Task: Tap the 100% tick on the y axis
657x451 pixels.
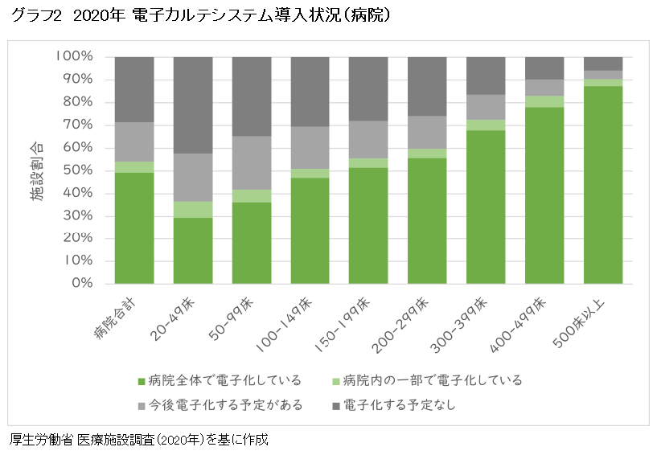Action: coord(75,57)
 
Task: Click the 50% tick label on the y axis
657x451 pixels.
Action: coord(79,170)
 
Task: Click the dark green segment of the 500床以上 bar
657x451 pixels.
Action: coord(603,185)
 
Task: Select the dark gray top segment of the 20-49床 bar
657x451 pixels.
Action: coord(193,105)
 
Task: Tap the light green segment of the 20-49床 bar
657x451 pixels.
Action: coord(193,209)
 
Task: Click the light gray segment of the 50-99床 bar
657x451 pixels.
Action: coord(252,162)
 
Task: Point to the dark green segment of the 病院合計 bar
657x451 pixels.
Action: coord(134,228)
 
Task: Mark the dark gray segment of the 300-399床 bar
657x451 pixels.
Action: coord(486,76)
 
